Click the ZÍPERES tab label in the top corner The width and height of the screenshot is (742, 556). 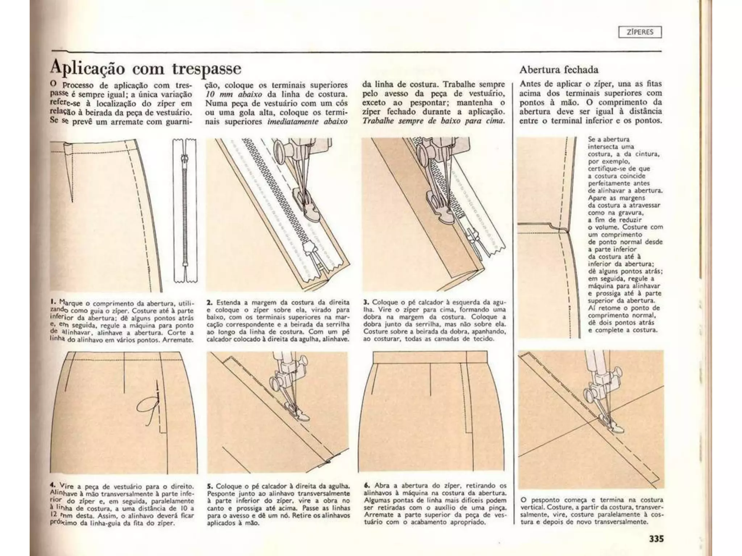coord(640,32)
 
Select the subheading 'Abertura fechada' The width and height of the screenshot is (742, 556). coord(559,69)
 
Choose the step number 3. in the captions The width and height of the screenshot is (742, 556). coord(366,302)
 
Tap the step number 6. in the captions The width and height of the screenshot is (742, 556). coord(367,485)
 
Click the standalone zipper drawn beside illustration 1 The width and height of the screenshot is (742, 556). coord(185,210)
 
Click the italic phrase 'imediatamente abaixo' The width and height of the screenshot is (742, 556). coord(307,122)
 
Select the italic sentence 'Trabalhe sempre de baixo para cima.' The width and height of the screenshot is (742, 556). coord(433,121)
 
